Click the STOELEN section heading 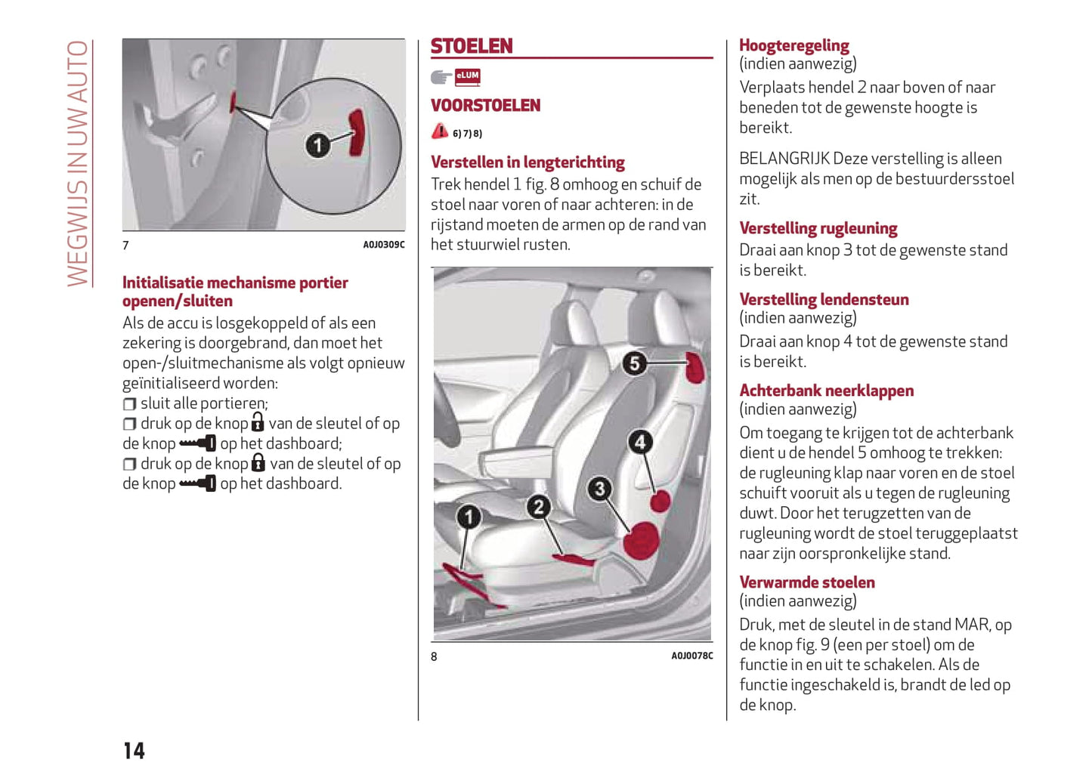coord(472,47)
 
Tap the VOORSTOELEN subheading coord(485,106)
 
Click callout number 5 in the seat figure coord(635,363)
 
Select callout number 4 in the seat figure coord(640,442)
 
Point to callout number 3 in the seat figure coord(599,489)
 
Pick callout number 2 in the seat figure coord(538,507)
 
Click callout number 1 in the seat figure coord(469,517)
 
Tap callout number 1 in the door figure coord(317,144)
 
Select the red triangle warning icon coord(440,131)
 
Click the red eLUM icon coord(468,76)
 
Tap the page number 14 coord(134,750)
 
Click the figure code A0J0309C coord(383,245)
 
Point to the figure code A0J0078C coord(691,656)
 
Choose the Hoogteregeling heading coord(793,45)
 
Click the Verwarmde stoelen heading coord(806,582)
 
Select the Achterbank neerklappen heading coord(826,391)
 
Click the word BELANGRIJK coord(785,159)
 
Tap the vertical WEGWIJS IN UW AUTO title coord(78,162)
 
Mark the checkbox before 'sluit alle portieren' coord(129,404)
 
